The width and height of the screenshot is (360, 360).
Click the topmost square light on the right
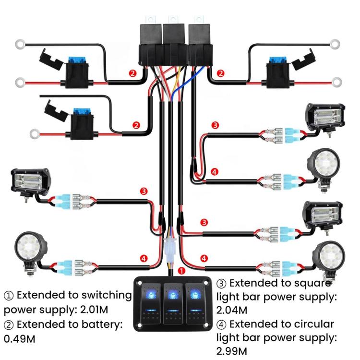pyautogui.click(x=326, y=118)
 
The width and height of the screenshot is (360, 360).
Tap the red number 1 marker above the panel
pyautogui.click(x=182, y=271)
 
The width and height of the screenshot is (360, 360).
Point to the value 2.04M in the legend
pyautogui.click(x=232, y=310)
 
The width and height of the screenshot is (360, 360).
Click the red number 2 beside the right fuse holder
pyautogui.click(x=221, y=73)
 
